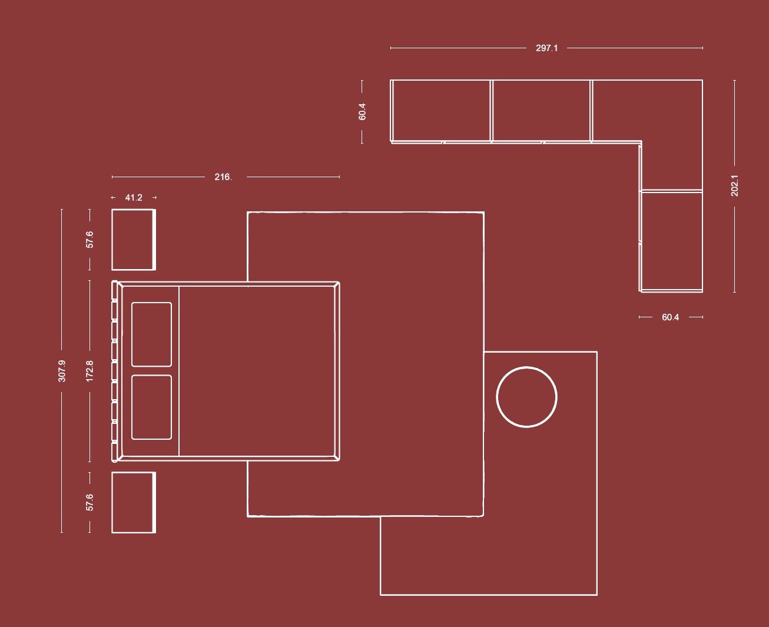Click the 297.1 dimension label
tap(546, 48)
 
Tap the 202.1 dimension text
tap(735, 186)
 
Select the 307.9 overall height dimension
tap(62, 371)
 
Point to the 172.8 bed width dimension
tap(90, 371)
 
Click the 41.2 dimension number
tap(134, 198)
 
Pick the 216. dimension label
tap(223, 177)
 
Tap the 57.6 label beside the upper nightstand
tap(90, 240)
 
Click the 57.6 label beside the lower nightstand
tap(90, 502)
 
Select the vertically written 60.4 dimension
tap(362, 112)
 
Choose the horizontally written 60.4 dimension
tap(670, 317)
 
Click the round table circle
tap(526, 397)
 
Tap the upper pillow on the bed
tap(151, 334)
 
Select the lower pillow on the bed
tap(151, 407)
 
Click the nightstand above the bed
tap(134, 240)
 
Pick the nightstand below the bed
tap(134, 503)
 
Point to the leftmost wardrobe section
tap(440, 111)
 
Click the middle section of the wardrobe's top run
tap(541, 111)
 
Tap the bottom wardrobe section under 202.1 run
tap(672, 240)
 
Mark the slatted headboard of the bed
tap(115, 371)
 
